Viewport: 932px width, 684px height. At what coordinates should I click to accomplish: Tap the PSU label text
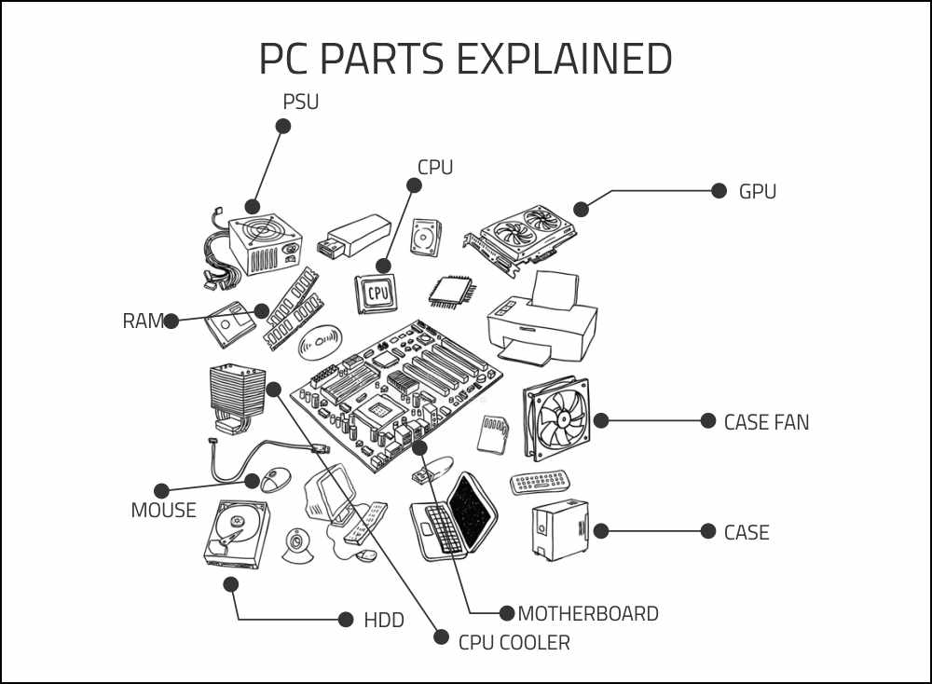coord(300,102)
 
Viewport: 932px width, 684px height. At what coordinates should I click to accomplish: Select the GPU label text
coord(757,192)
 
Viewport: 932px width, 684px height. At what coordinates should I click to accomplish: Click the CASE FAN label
coord(766,422)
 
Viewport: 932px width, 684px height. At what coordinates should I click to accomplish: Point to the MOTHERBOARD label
coord(587,614)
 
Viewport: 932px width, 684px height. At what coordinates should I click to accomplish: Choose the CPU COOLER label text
coord(514,642)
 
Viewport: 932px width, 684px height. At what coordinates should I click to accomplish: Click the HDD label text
coord(383,620)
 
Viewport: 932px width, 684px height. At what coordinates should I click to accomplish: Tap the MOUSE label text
coord(163,511)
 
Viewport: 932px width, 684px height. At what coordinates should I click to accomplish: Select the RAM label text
coord(143,321)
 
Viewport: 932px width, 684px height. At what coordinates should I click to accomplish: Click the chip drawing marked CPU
coord(377,293)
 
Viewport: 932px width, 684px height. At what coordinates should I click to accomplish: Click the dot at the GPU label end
coord(719,191)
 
